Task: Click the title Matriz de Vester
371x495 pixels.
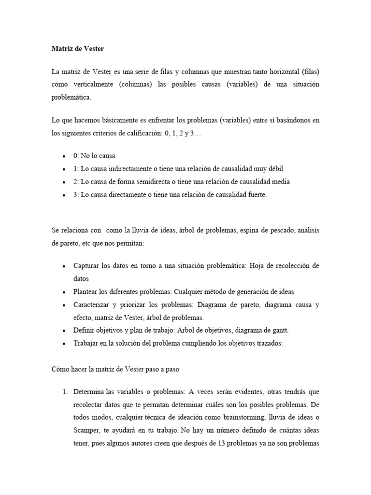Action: [77, 49]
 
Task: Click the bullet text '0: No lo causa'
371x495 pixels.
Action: [94, 156]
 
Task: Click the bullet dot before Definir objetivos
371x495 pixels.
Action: [65, 331]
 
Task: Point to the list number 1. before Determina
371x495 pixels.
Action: [65, 391]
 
